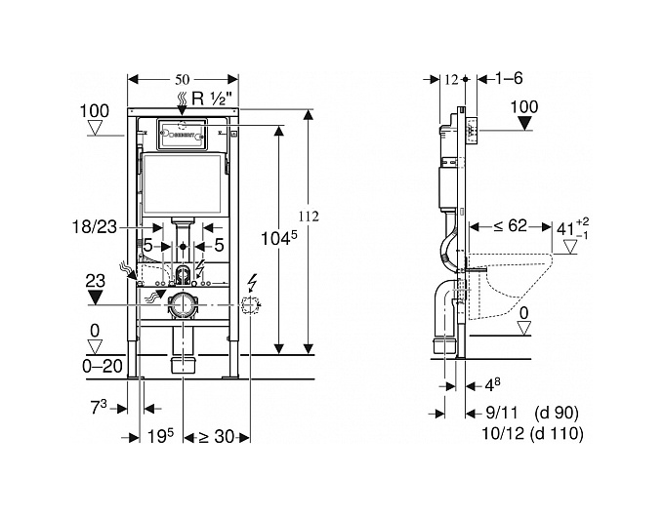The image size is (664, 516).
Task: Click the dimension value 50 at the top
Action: coord(181,76)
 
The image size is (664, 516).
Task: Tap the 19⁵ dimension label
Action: coord(161,438)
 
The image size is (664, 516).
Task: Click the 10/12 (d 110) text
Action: coord(540,433)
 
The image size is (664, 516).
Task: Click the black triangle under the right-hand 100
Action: coord(525,124)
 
